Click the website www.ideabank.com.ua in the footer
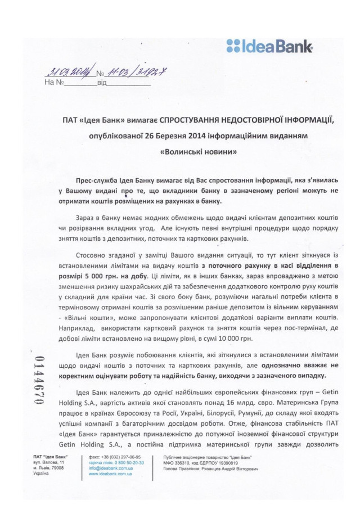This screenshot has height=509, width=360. (110, 474)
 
